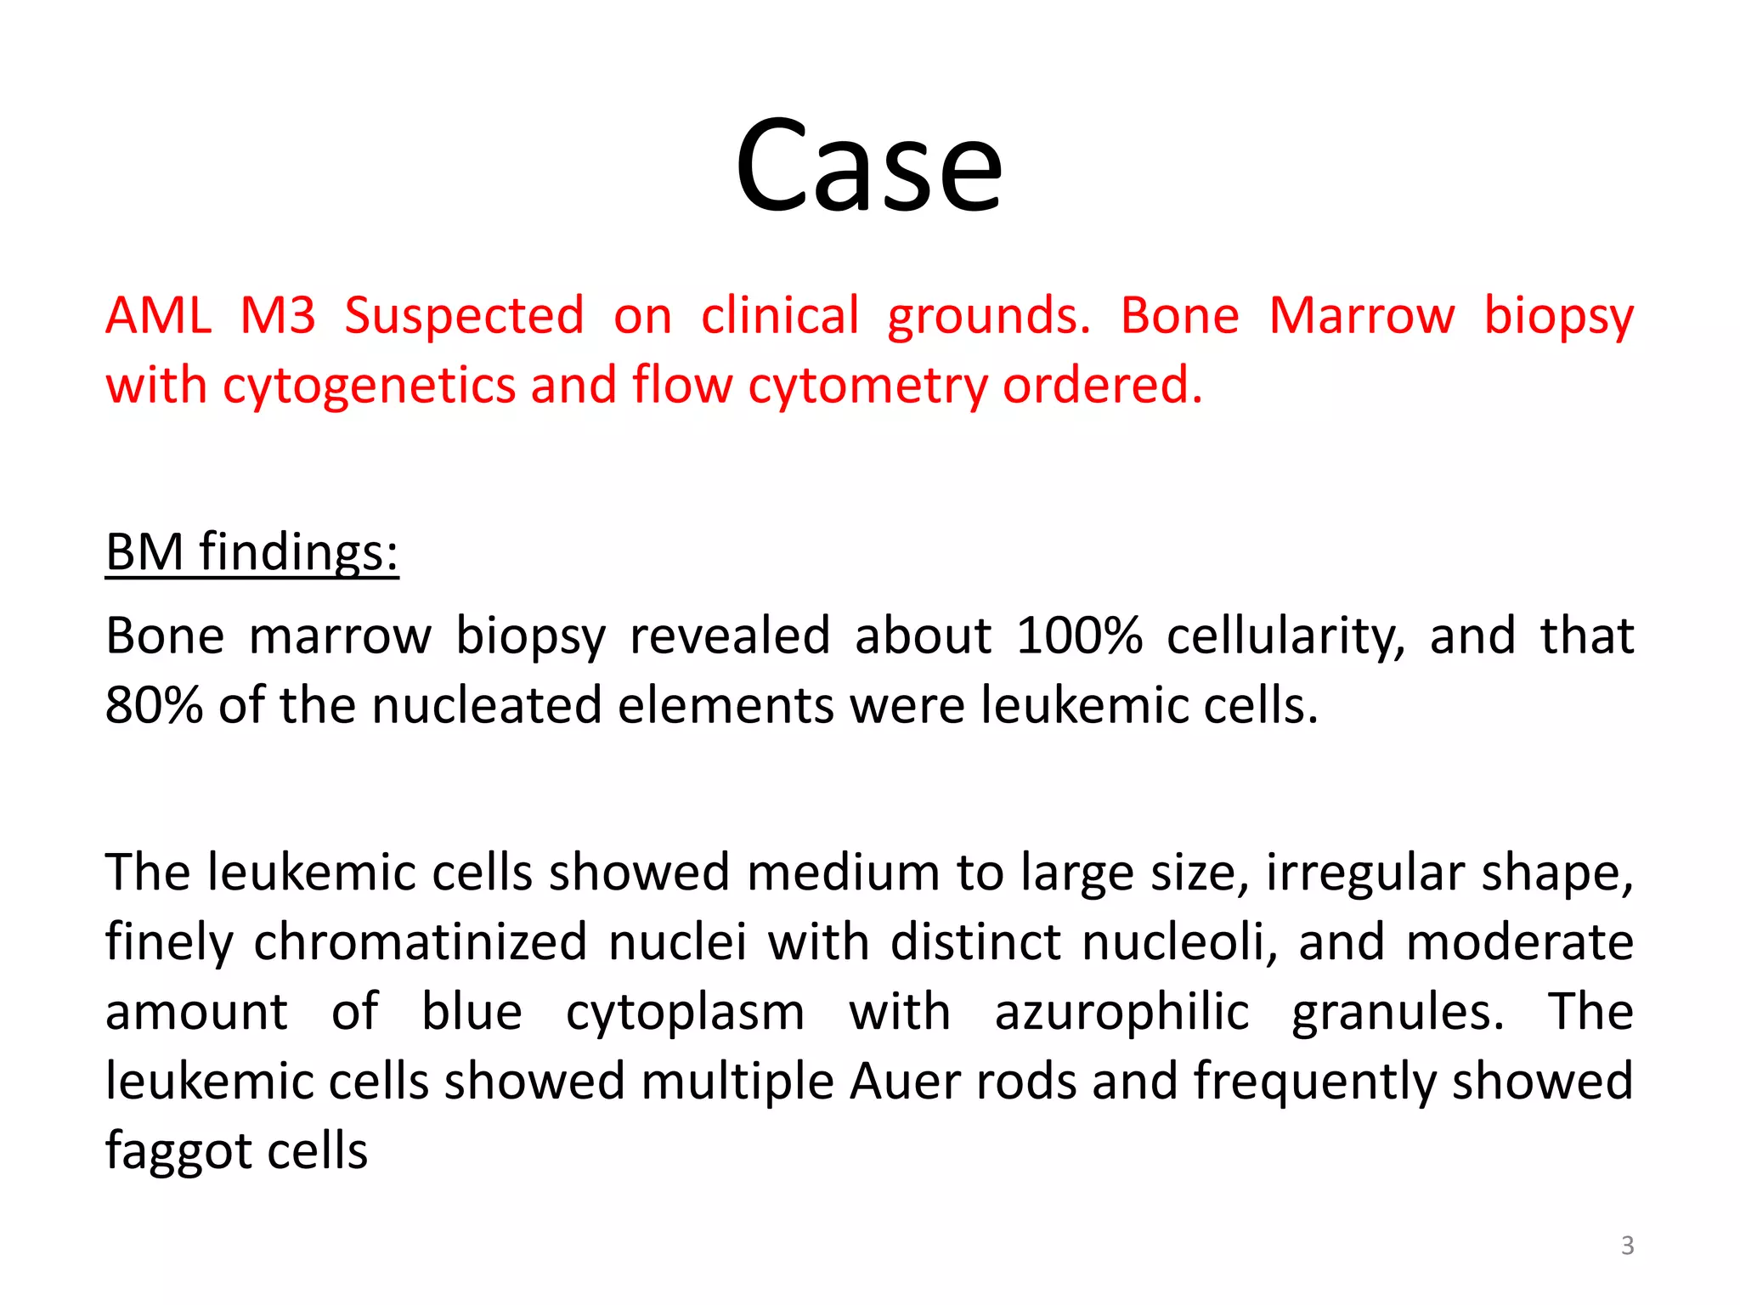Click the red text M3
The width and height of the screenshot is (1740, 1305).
pos(278,316)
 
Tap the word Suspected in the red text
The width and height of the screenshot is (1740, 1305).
pos(464,316)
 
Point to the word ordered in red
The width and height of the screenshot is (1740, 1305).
pos(1102,385)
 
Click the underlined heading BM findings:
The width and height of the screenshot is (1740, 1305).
pos(251,552)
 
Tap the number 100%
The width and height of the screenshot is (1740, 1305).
pos(1079,636)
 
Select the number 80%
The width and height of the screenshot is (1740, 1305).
pos(153,705)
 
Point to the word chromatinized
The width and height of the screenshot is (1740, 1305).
pos(420,942)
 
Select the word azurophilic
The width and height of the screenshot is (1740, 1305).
pos(1121,1013)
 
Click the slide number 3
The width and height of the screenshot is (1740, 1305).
pos(1627,1246)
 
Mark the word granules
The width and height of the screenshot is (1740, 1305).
pos(1398,1013)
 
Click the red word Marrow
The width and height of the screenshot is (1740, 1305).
pos(1362,316)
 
